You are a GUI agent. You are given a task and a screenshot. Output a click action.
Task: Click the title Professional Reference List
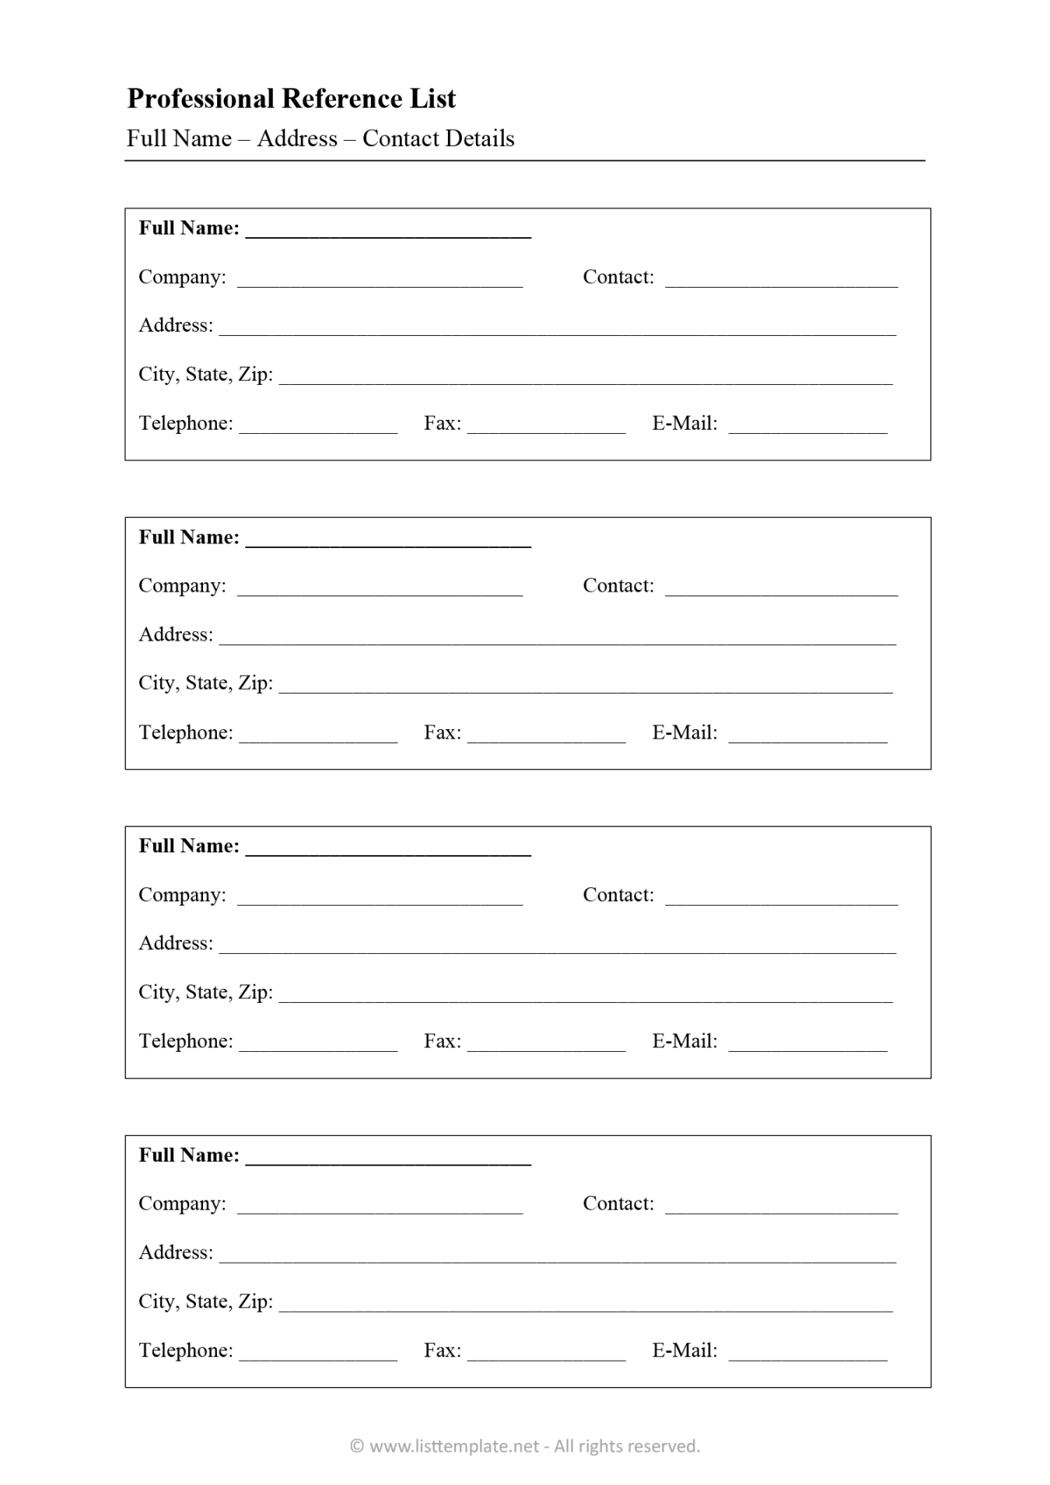pyautogui.click(x=291, y=99)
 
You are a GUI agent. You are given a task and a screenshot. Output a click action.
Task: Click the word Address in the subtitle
pyautogui.click(x=297, y=138)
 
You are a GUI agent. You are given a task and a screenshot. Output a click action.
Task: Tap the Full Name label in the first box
pyautogui.click(x=189, y=228)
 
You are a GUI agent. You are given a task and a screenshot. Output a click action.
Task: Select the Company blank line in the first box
pyautogui.click(x=380, y=281)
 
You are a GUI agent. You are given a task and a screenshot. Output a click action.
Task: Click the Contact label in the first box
pyautogui.click(x=618, y=277)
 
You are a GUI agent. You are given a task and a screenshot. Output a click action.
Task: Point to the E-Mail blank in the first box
pyautogui.click(x=807, y=428)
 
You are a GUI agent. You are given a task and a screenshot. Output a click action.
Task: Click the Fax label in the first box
pyautogui.click(x=442, y=423)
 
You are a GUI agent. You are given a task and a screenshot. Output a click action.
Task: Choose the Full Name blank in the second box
pyautogui.click(x=388, y=543)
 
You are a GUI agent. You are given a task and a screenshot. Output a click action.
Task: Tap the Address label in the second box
pyautogui.click(x=176, y=634)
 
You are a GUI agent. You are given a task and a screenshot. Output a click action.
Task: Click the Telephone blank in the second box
pyautogui.click(x=318, y=737)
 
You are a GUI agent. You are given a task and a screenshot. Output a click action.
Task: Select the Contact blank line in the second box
pyautogui.click(x=781, y=591)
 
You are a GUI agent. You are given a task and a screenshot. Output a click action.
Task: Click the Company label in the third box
pyautogui.click(x=182, y=895)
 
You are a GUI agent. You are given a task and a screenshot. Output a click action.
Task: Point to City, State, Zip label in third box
pyautogui.click(x=205, y=992)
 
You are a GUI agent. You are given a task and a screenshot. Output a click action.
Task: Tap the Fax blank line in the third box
pyautogui.click(x=546, y=1046)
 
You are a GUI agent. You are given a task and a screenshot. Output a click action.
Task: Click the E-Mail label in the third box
pyautogui.click(x=684, y=1041)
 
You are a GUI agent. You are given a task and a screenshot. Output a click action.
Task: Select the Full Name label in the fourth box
pyautogui.click(x=189, y=1155)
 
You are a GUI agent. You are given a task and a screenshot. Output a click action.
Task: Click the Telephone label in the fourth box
pyautogui.click(x=186, y=1350)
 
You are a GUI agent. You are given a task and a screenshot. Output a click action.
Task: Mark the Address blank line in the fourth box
pyautogui.click(x=557, y=1257)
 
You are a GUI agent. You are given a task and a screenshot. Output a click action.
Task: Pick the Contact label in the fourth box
pyautogui.click(x=618, y=1204)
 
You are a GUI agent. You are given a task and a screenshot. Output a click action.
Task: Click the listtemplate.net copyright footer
pyautogui.click(x=525, y=1446)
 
